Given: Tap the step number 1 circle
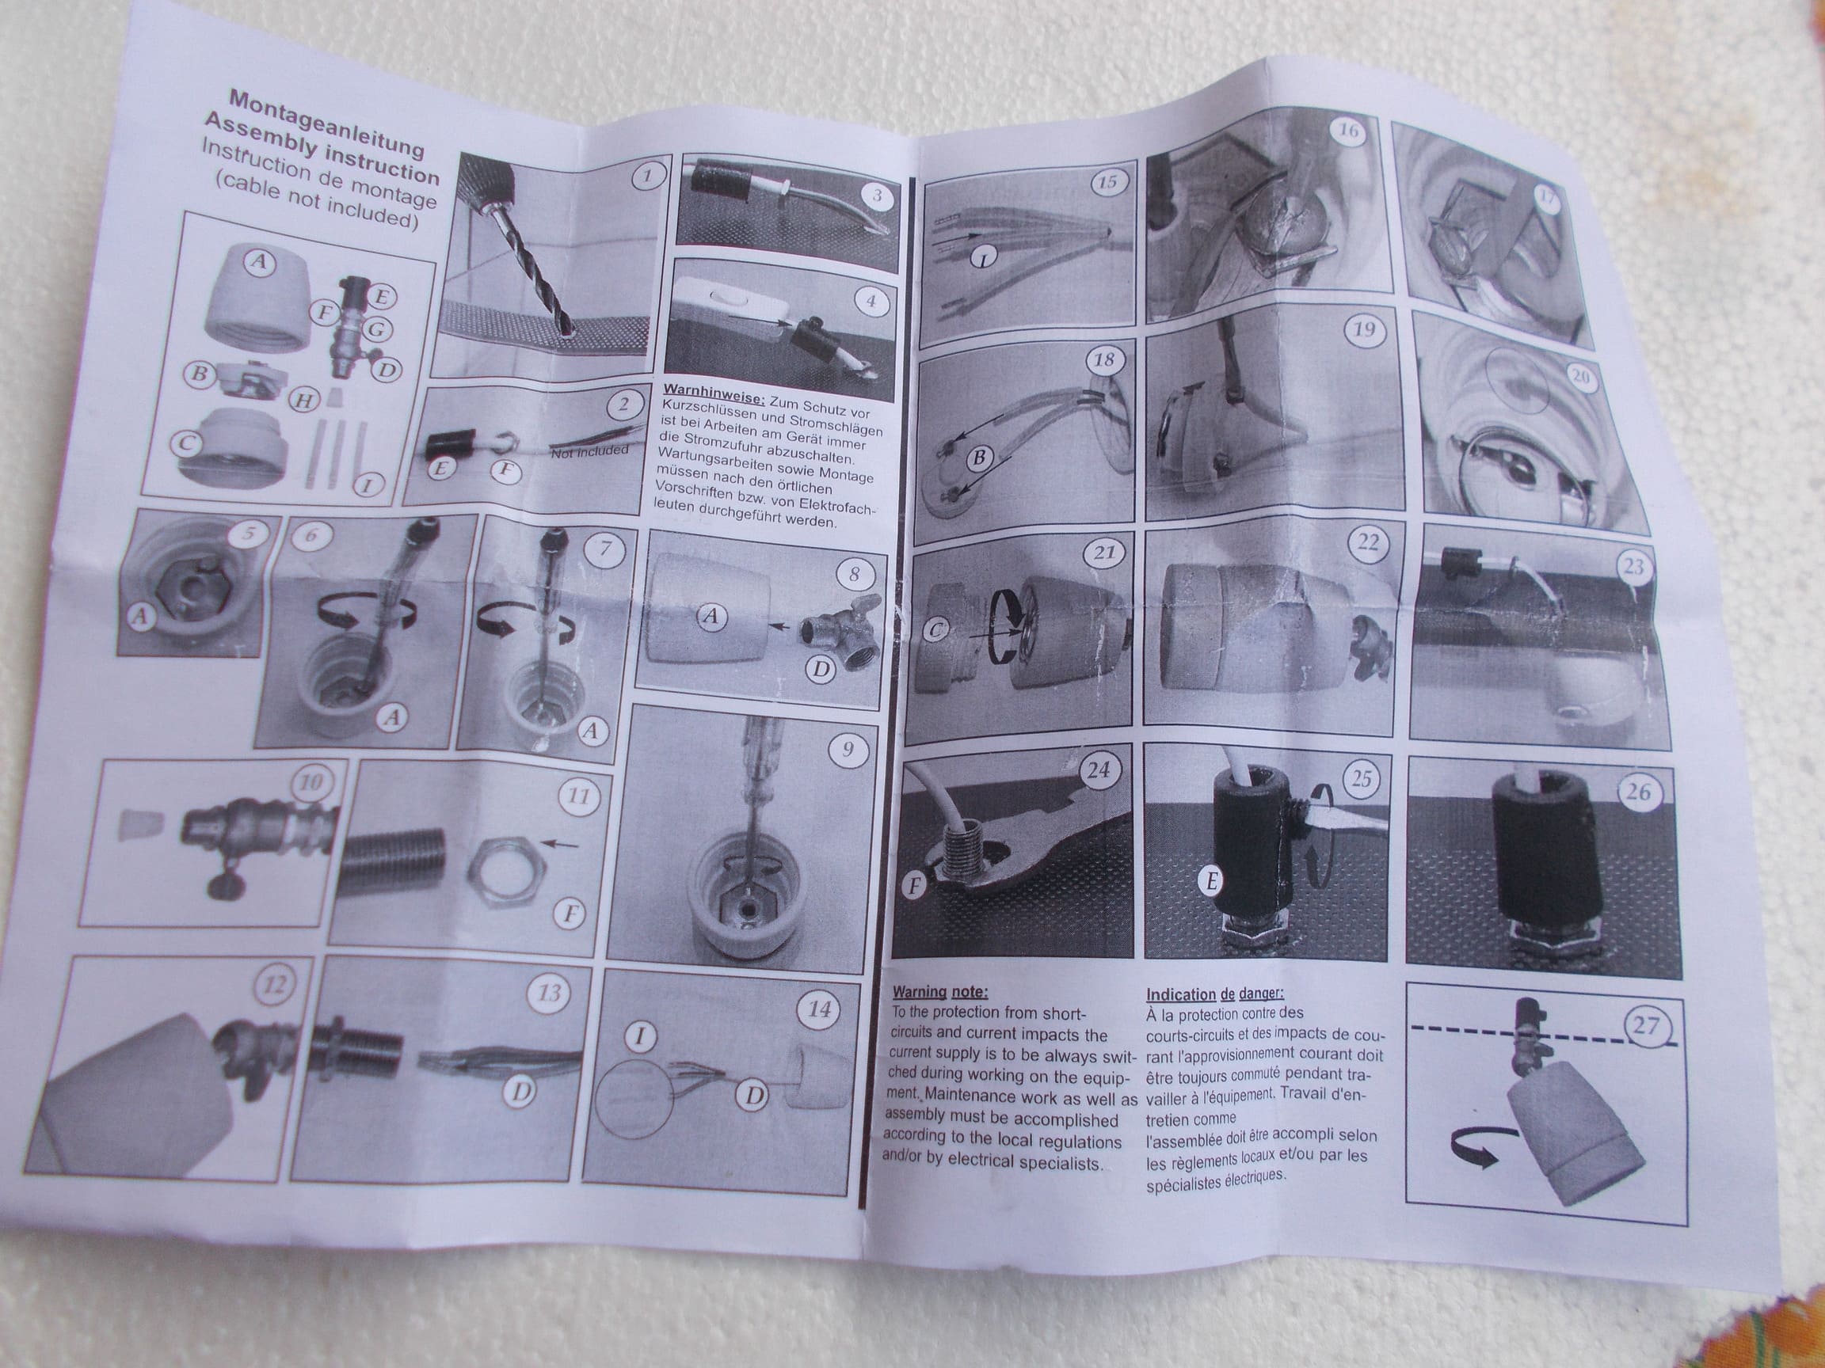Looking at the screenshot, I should tap(647, 177).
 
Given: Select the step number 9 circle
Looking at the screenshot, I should tap(847, 749).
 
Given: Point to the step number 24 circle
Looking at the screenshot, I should tap(1098, 771).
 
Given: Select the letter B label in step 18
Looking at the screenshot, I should tap(979, 458).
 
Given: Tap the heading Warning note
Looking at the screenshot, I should tap(939, 992).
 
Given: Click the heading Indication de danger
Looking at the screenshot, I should tap(1213, 994).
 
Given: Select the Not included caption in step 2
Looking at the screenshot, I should tap(589, 451).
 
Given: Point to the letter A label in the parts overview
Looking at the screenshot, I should tap(259, 262).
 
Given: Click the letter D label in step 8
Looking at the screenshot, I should tap(820, 670).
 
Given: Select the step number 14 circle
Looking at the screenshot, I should tap(818, 1009).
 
